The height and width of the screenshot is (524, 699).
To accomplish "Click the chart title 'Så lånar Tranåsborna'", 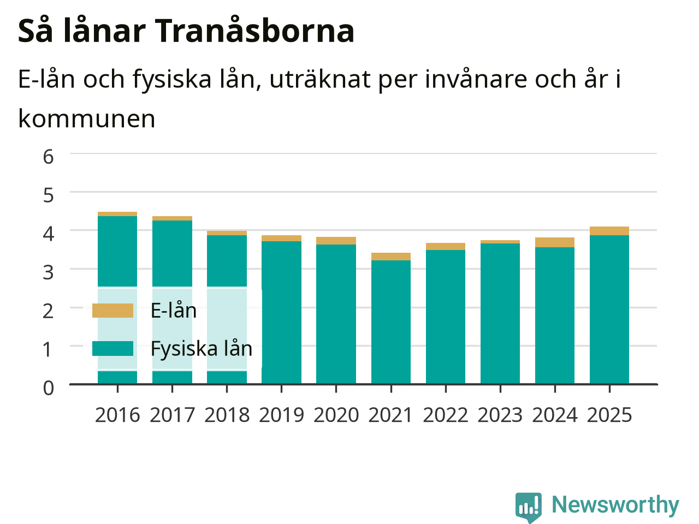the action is coord(186,31).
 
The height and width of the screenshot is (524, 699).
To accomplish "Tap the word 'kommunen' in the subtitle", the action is coord(87,119).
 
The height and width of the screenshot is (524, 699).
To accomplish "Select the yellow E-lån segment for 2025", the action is coord(609,231).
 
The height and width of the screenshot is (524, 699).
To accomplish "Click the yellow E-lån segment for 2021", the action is coord(391,257).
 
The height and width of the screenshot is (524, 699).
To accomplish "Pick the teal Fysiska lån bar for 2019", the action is coord(281,312).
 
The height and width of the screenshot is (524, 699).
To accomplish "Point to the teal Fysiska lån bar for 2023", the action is coord(500,313).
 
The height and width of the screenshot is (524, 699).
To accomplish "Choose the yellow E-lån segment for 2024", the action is coord(555,242).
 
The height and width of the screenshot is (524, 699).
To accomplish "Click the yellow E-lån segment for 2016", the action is coord(117,214).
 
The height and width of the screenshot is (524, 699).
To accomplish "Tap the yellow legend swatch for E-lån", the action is coord(112,311).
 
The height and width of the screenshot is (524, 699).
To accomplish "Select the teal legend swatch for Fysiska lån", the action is coord(112,348).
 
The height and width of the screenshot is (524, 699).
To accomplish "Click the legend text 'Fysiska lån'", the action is coord(202,349).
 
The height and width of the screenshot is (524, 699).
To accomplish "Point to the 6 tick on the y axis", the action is coord(48,157).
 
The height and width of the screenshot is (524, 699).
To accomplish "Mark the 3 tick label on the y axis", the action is coord(48,273).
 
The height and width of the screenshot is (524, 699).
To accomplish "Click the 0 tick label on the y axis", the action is coord(49,388).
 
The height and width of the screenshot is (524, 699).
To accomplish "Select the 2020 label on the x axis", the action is coord(336,415).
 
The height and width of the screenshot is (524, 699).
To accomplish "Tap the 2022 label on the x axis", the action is coord(446,415).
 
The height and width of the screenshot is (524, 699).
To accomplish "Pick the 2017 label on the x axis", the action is coord(172,415).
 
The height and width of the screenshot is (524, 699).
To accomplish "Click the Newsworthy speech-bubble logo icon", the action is coord(528,507).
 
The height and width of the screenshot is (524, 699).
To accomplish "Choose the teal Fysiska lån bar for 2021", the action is coord(391,322).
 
